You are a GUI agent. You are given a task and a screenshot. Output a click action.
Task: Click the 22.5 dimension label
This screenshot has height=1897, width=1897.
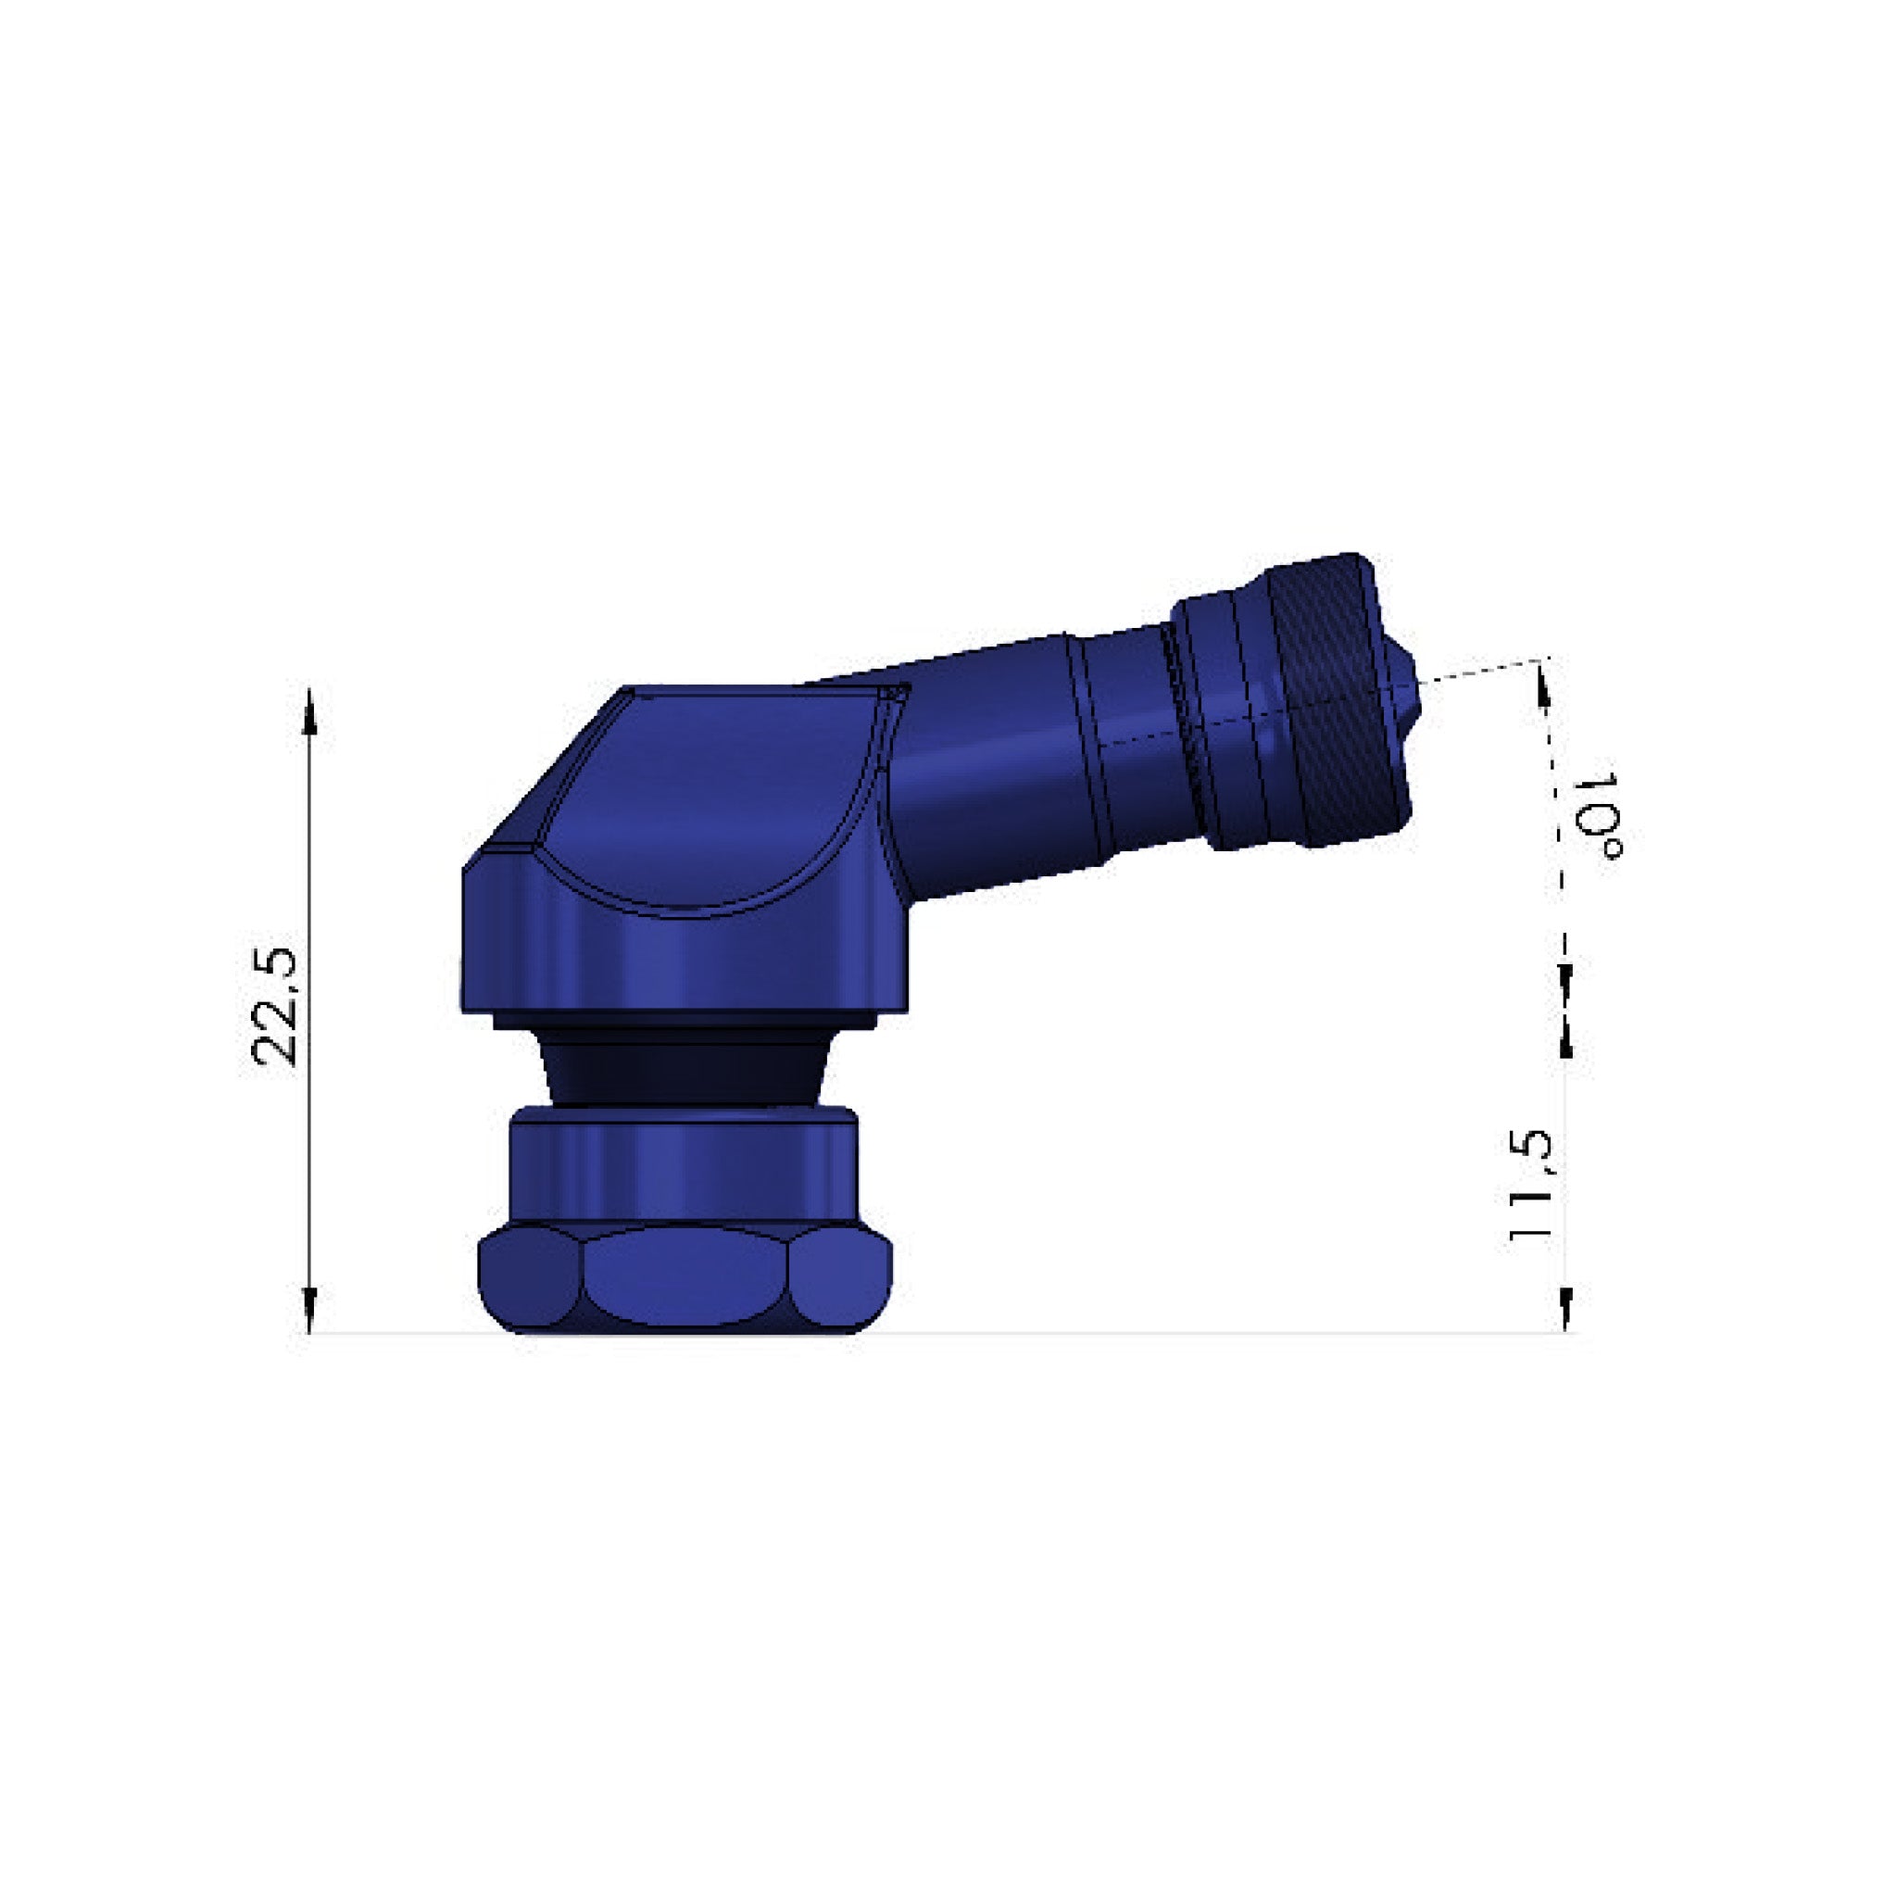[x=274, y=1007]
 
